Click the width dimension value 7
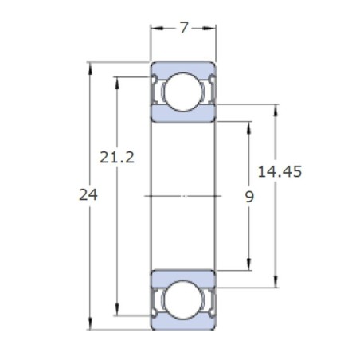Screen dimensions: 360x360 184,28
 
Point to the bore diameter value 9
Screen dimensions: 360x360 249,195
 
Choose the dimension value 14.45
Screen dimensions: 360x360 280,171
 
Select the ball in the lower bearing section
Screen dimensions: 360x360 183,299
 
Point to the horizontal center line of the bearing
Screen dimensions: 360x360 183,195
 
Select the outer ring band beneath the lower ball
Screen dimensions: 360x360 183,323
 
